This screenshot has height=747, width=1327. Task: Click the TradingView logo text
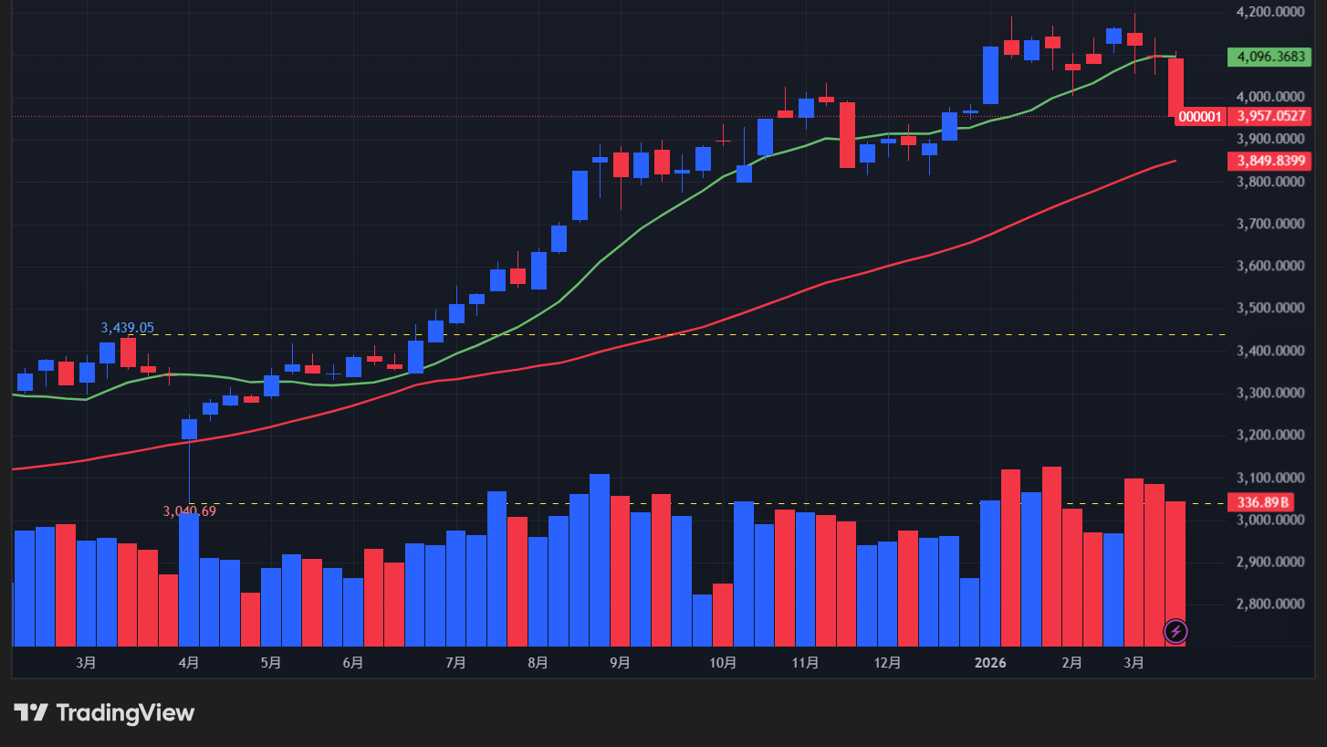click(x=125, y=712)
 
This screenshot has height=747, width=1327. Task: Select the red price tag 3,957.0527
click(x=1270, y=116)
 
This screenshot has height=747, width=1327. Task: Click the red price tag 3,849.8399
click(x=1270, y=161)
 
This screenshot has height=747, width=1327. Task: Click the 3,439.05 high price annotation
click(x=127, y=327)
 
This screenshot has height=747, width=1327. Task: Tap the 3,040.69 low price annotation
click(x=190, y=511)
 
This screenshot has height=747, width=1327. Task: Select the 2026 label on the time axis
click(x=990, y=662)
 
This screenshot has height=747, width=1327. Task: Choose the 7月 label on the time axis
click(x=456, y=662)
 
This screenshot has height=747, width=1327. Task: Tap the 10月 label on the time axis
click(x=722, y=662)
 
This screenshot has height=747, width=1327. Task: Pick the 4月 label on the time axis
click(x=189, y=662)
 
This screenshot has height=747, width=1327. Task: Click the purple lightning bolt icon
click(x=1175, y=631)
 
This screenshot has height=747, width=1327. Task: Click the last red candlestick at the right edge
click(x=1175, y=87)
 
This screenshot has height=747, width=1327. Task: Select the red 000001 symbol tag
click(x=1200, y=116)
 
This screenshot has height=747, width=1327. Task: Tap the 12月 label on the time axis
click(x=887, y=662)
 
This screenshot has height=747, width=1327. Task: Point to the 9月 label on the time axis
click(x=620, y=662)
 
